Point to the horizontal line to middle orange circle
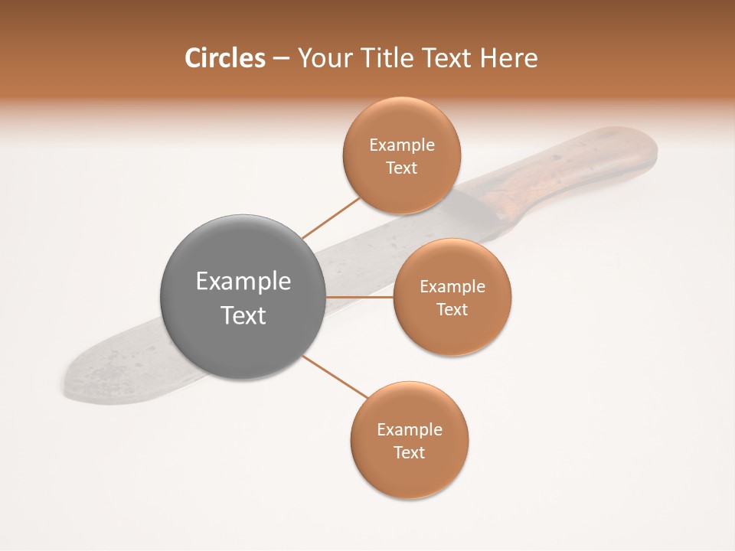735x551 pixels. click(x=360, y=297)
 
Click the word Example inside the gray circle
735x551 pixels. click(x=243, y=281)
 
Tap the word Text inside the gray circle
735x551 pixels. click(x=243, y=315)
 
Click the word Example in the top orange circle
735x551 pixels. click(x=402, y=145)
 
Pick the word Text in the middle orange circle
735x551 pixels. click(x=452, y=309)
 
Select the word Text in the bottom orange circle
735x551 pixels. click(x=410, y=452)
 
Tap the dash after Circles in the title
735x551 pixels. click(x=280, y=59)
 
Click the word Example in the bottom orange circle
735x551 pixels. click(x=410, y=429)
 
